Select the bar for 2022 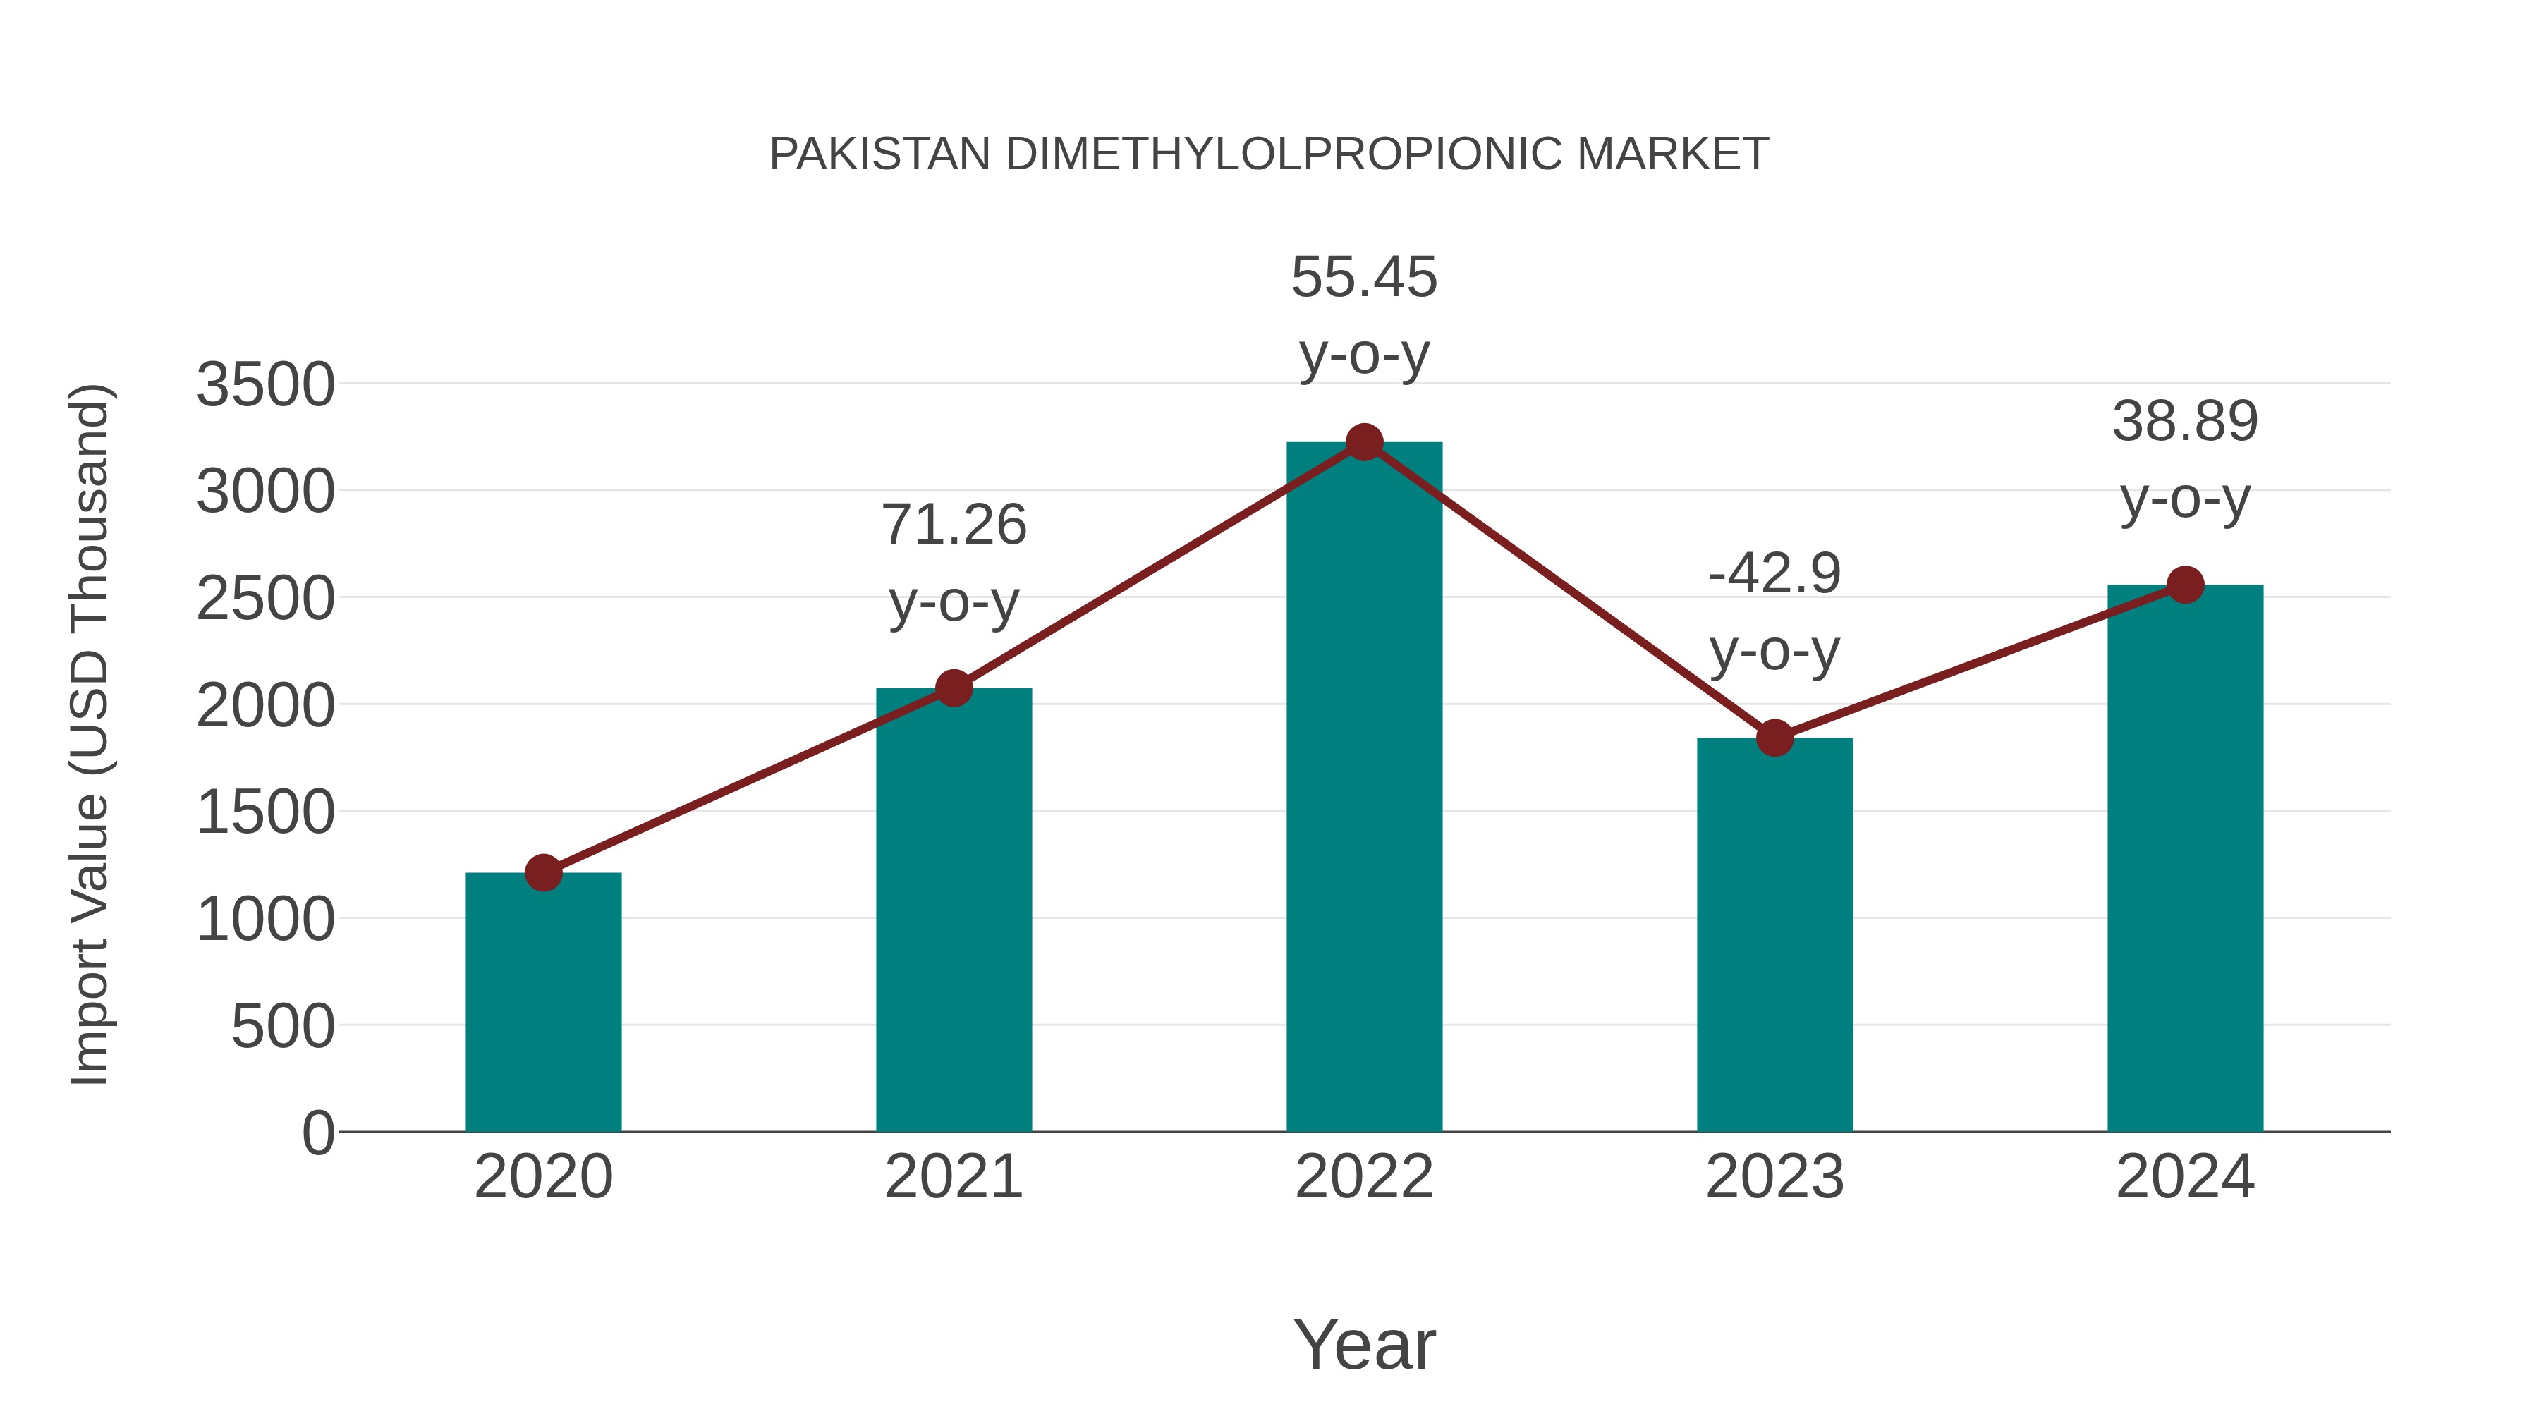click(1364, 788)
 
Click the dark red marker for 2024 click(2185, 585)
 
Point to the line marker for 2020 click(543, 872)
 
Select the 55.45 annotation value click(1364, 277)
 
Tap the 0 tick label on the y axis click(318, 1133)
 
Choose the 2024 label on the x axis click(2185, 1177)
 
